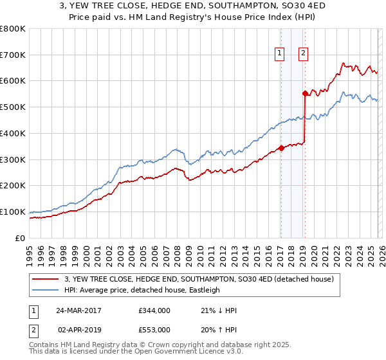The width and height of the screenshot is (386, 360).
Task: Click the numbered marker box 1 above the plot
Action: click(x=280, y=54)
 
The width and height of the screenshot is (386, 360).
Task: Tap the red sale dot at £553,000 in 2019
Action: click(x=304, y=93)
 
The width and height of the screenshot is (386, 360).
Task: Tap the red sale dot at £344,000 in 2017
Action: click(x=281, y=148)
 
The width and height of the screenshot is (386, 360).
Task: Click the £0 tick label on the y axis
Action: click(x=21, y=238)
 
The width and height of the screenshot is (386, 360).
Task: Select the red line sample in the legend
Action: click(x=46, y=280)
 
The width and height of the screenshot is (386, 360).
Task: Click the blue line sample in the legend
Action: click(x=46, y=291)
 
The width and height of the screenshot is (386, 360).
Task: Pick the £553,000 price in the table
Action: click(x=154, y=330)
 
